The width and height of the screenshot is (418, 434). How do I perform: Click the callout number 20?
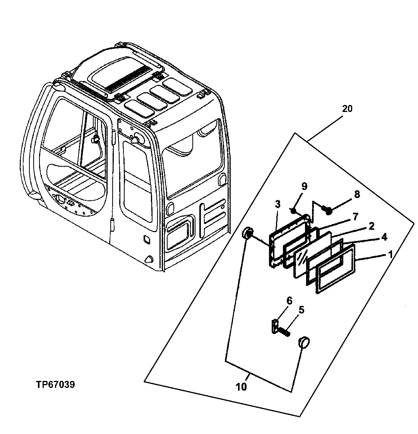pyautogui.click(x=347, y=109)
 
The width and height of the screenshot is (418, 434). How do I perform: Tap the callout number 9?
pyautogui.click(x=304, y=187)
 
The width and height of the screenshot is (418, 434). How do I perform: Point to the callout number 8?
pyautogui.click(x=356, y=194)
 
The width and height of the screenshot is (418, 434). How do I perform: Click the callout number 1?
pyautogui.click(x=390, y=254)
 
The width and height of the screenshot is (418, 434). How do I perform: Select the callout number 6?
pyautogui.click(x=289, y=300)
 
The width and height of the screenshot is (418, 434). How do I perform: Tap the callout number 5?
pyautogui.click(x=301, y=310)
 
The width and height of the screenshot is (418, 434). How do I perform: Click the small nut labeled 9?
pyautogui.click(x=294, y=211)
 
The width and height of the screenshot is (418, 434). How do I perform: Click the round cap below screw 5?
pyautogui.click(x=304, y=343)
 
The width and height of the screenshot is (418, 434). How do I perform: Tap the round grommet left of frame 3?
pyautogui.click(x=247, y=234)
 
